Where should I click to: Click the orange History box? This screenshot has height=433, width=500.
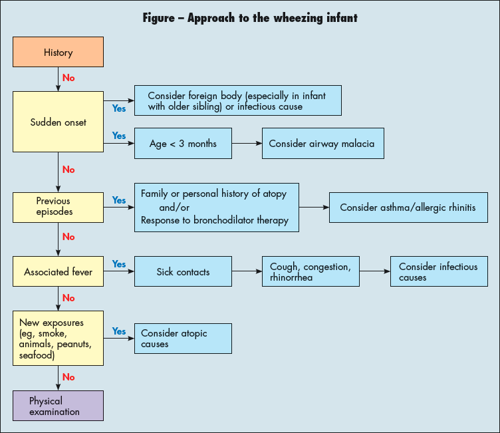(x=59, y=53)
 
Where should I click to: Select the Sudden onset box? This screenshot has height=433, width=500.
(x=59, y=122)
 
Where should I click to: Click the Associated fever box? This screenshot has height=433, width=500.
(x=59, y=272)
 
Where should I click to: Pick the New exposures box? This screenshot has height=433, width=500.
(x=59, y=338)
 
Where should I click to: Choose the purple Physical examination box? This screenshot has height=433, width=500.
(x=59, y=406)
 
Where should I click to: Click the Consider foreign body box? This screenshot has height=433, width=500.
(x=238, y=101)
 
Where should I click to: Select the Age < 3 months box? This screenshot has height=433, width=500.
(x=183, y=144)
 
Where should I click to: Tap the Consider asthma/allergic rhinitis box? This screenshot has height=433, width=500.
(x=408, y=208)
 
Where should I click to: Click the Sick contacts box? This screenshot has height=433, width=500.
(x=183, y=272)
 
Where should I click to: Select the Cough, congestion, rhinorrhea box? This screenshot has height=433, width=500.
(x=310, y=272)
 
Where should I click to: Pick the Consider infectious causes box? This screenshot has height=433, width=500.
(x=438, y=272)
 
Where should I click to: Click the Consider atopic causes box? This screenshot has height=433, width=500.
(x=183, y=339)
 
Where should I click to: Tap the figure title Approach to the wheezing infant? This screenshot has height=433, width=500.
(x=250, y=18)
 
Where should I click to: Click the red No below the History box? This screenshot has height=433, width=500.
(x=68, y=78)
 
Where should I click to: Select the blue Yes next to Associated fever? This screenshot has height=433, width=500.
(x=119, y=264)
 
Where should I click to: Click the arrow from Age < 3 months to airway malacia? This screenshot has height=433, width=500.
(x=247, y=144)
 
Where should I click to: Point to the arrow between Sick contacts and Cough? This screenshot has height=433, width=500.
(x=247, y=272)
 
